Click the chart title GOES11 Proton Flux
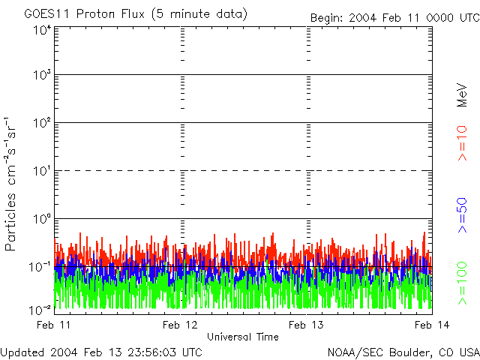coord(135,13)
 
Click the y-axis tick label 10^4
coord(41,30)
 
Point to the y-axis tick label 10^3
coord(41,76)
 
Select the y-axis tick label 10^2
coord(41,124)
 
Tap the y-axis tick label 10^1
coord(41,172)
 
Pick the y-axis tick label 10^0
coord(41,220)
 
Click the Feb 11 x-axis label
coord(54,324)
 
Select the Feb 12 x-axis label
coord(181,324)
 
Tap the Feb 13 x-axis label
coord(307,324)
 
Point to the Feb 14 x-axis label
coord(432,324)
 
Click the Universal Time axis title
coord(243,337)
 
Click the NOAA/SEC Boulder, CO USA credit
coord(403,352)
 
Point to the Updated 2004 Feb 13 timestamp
coord(101,352)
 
